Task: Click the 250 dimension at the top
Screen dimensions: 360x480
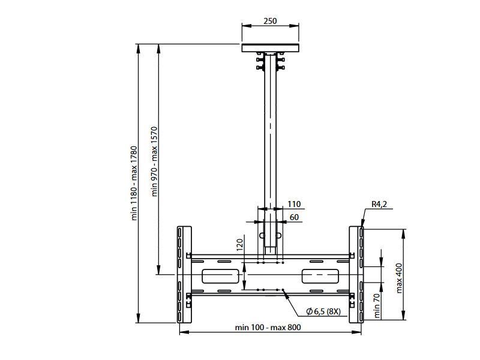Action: tap(270, 21)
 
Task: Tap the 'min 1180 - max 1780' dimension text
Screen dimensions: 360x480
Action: tap(134, 183)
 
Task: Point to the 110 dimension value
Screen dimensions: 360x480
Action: tap(294, 205)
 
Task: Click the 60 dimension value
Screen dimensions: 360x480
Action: tap(294, 217)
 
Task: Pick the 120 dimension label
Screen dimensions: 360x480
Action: tap(239, 244)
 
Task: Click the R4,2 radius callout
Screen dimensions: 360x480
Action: tap(379, 205)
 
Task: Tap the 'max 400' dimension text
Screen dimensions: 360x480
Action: tap(400, 277)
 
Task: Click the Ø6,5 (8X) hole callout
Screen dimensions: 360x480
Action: tap(323, 311)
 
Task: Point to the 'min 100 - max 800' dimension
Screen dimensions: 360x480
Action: tap(268, 327)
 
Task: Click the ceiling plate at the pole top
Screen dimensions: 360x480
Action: tap(270, 47)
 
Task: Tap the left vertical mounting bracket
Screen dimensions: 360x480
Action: tap(184, 275)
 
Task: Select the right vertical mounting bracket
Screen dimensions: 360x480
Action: tap(356, 275)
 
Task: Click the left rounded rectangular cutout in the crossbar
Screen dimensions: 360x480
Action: tap(220, 276)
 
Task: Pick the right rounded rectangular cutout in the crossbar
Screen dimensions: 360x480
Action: tap(320, 276)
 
